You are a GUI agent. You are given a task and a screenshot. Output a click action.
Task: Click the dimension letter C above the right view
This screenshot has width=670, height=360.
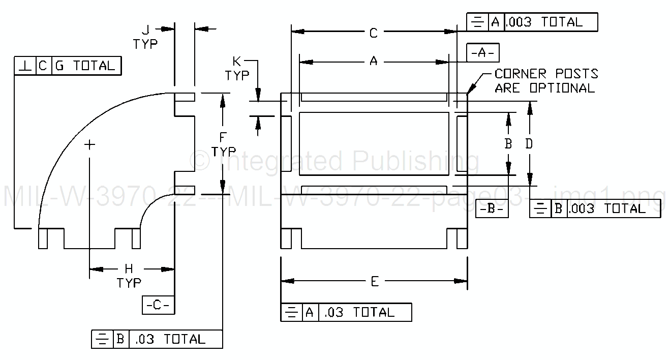(373, 34)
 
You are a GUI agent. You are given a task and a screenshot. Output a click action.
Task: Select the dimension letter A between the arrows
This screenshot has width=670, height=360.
(374, 62)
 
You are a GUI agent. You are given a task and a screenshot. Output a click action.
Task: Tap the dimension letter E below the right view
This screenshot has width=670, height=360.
(375, 282)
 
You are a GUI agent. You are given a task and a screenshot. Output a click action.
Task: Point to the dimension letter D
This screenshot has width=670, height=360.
(529, 144)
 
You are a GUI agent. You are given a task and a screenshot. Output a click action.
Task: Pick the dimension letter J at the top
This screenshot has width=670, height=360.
(145, 31)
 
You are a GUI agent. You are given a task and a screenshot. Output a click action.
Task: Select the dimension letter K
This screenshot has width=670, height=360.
(237, 62)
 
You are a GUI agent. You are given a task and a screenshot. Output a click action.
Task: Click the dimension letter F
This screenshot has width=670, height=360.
(223, 137)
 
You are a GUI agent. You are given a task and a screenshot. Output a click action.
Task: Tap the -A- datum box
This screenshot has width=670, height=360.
(483, 52)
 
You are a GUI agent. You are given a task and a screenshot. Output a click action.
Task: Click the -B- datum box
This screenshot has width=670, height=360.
(492, 209)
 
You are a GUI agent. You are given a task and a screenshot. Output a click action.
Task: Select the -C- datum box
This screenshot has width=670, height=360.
(158, 305)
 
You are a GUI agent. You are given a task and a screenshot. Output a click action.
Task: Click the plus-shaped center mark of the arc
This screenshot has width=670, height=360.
(89, 145)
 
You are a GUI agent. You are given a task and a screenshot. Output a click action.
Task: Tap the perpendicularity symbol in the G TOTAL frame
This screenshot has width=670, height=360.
(25, 66)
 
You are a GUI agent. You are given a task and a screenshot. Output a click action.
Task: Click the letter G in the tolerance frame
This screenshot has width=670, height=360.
(59, 66)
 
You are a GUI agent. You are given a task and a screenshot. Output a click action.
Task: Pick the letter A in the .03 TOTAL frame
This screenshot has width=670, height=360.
(310, 312)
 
